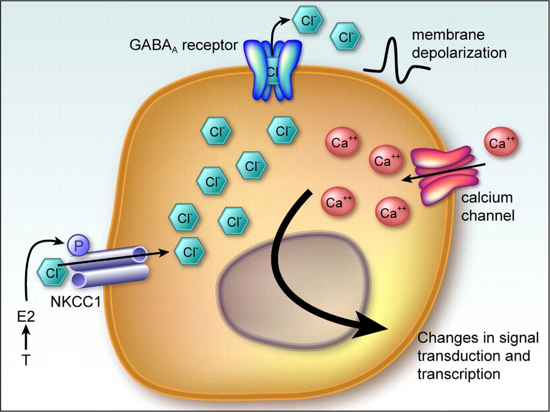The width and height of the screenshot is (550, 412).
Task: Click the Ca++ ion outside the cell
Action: coord(501,143)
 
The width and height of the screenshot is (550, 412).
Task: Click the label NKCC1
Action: coord(76,302)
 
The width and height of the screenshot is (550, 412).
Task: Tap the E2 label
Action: coord(25,317)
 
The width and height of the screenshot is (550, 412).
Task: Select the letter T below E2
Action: coord(26,360)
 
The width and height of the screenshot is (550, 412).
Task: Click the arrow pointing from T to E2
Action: coord(26,339)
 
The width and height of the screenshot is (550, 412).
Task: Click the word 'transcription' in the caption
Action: coord(458,374)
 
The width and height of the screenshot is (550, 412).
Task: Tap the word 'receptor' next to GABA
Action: coord(210,45)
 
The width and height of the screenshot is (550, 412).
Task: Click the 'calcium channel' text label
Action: coord(487,206)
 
